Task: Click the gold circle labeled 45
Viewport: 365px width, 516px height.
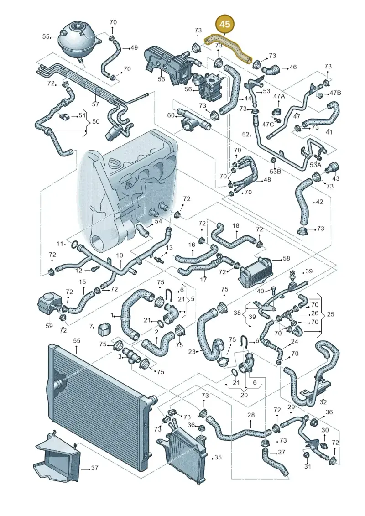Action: pos(225,24)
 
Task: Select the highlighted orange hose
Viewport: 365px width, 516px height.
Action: pos(228,49)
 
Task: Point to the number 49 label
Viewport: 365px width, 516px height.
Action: pos(134,48)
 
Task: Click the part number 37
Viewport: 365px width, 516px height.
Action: pos(94,468)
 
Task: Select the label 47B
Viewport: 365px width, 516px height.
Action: pos(335,93)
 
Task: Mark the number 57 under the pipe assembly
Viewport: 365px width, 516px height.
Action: pos(95,104)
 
